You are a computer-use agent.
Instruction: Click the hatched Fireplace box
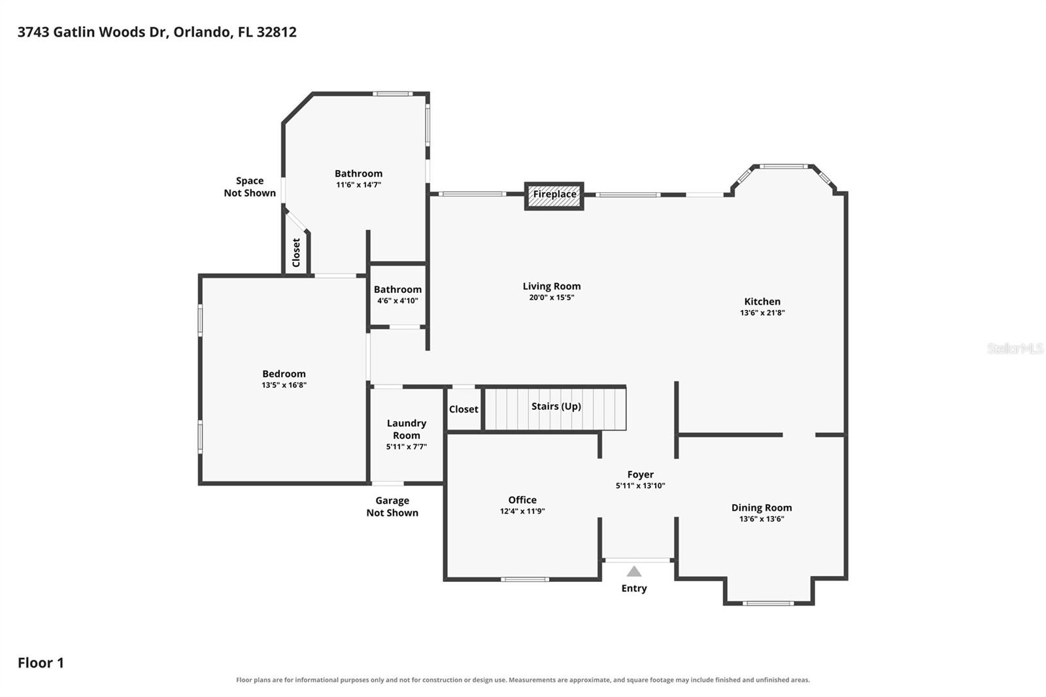pos(554,195)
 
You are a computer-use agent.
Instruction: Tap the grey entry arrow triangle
pos(633,571)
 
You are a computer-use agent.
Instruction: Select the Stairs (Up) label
pos(556,407)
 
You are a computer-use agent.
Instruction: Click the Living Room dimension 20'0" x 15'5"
pos(552,297)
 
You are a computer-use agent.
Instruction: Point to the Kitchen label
pos(762,301)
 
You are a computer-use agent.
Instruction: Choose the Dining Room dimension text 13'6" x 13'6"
pos(762,519)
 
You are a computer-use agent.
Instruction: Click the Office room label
pos(522,500)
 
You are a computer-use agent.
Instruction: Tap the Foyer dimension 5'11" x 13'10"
pos(640,486)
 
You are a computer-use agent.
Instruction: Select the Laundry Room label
pos(406,429)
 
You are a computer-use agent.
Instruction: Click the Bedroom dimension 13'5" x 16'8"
pos(284,385)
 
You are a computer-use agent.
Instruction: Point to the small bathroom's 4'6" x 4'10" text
pos(397,301)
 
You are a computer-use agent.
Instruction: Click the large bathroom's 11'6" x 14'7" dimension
pos(359,185)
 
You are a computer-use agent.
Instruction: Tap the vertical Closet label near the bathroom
pos(296,253)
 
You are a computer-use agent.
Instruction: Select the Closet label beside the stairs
pos(464,409)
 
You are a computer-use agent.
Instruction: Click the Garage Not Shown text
pos(392,506)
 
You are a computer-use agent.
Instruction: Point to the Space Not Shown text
pos(250,186)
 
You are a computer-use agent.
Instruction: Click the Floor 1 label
pos(41,662)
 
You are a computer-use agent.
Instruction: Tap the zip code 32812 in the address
pos(277,32)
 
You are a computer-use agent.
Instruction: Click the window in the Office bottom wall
pos(525,579)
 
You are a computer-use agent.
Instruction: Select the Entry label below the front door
pos(633,588)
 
